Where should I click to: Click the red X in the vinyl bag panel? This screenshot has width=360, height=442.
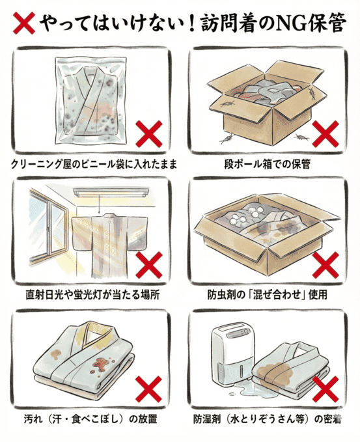point(150,134)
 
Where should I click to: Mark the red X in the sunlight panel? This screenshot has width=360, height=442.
point(150,266)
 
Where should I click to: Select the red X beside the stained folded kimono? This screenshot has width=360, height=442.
point(151,391)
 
